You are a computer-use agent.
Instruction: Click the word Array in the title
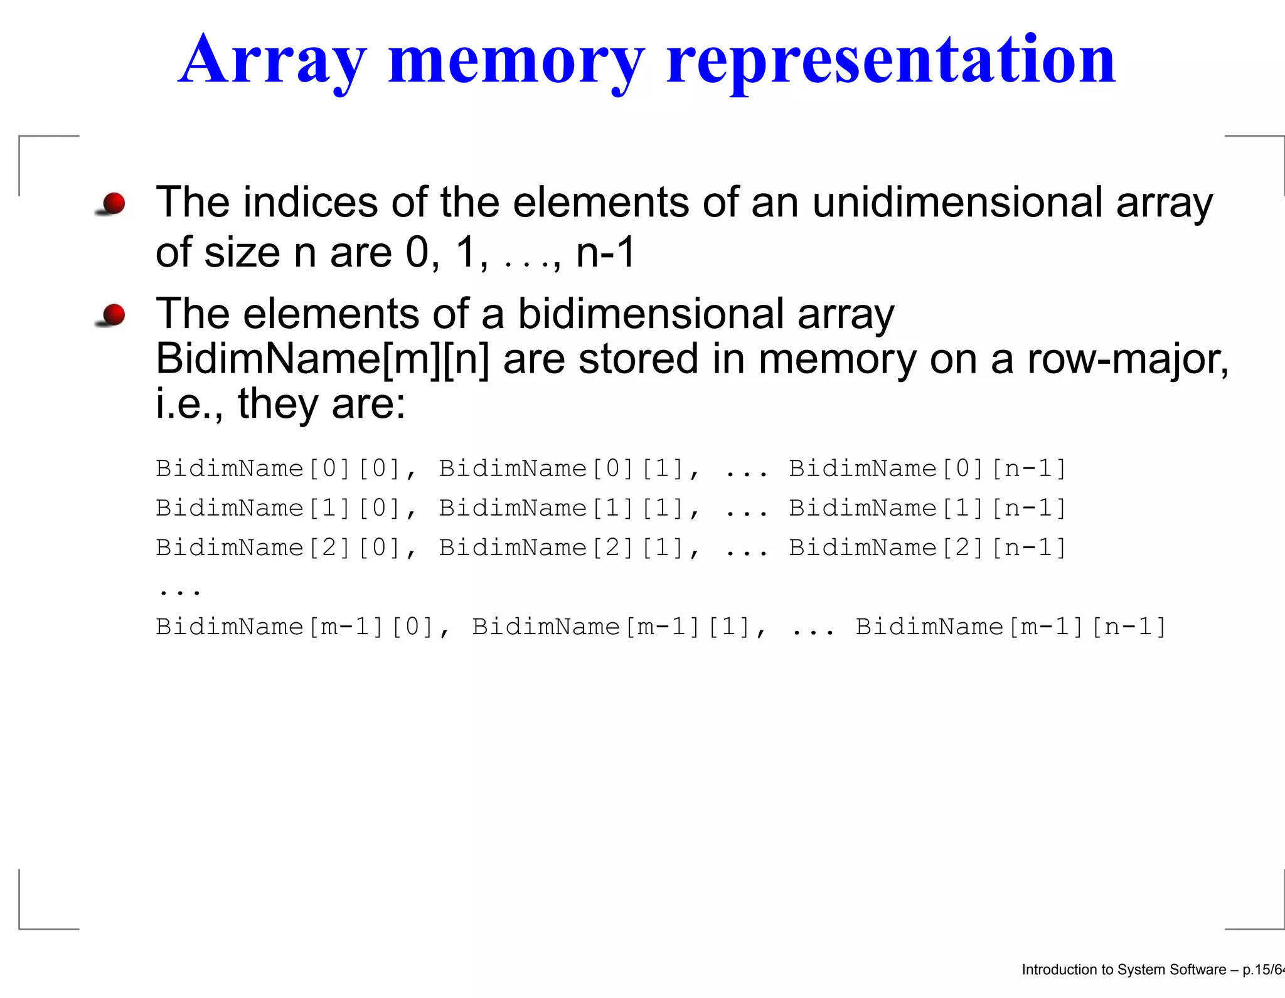click(271, 60)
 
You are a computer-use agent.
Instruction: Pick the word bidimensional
click(651, 313)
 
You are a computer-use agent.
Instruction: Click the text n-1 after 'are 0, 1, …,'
click(605, 252)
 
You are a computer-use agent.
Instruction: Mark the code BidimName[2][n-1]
click(927, 548)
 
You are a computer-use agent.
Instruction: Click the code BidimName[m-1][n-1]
click(1010, 627)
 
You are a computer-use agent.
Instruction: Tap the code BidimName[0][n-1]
click(927, 469)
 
